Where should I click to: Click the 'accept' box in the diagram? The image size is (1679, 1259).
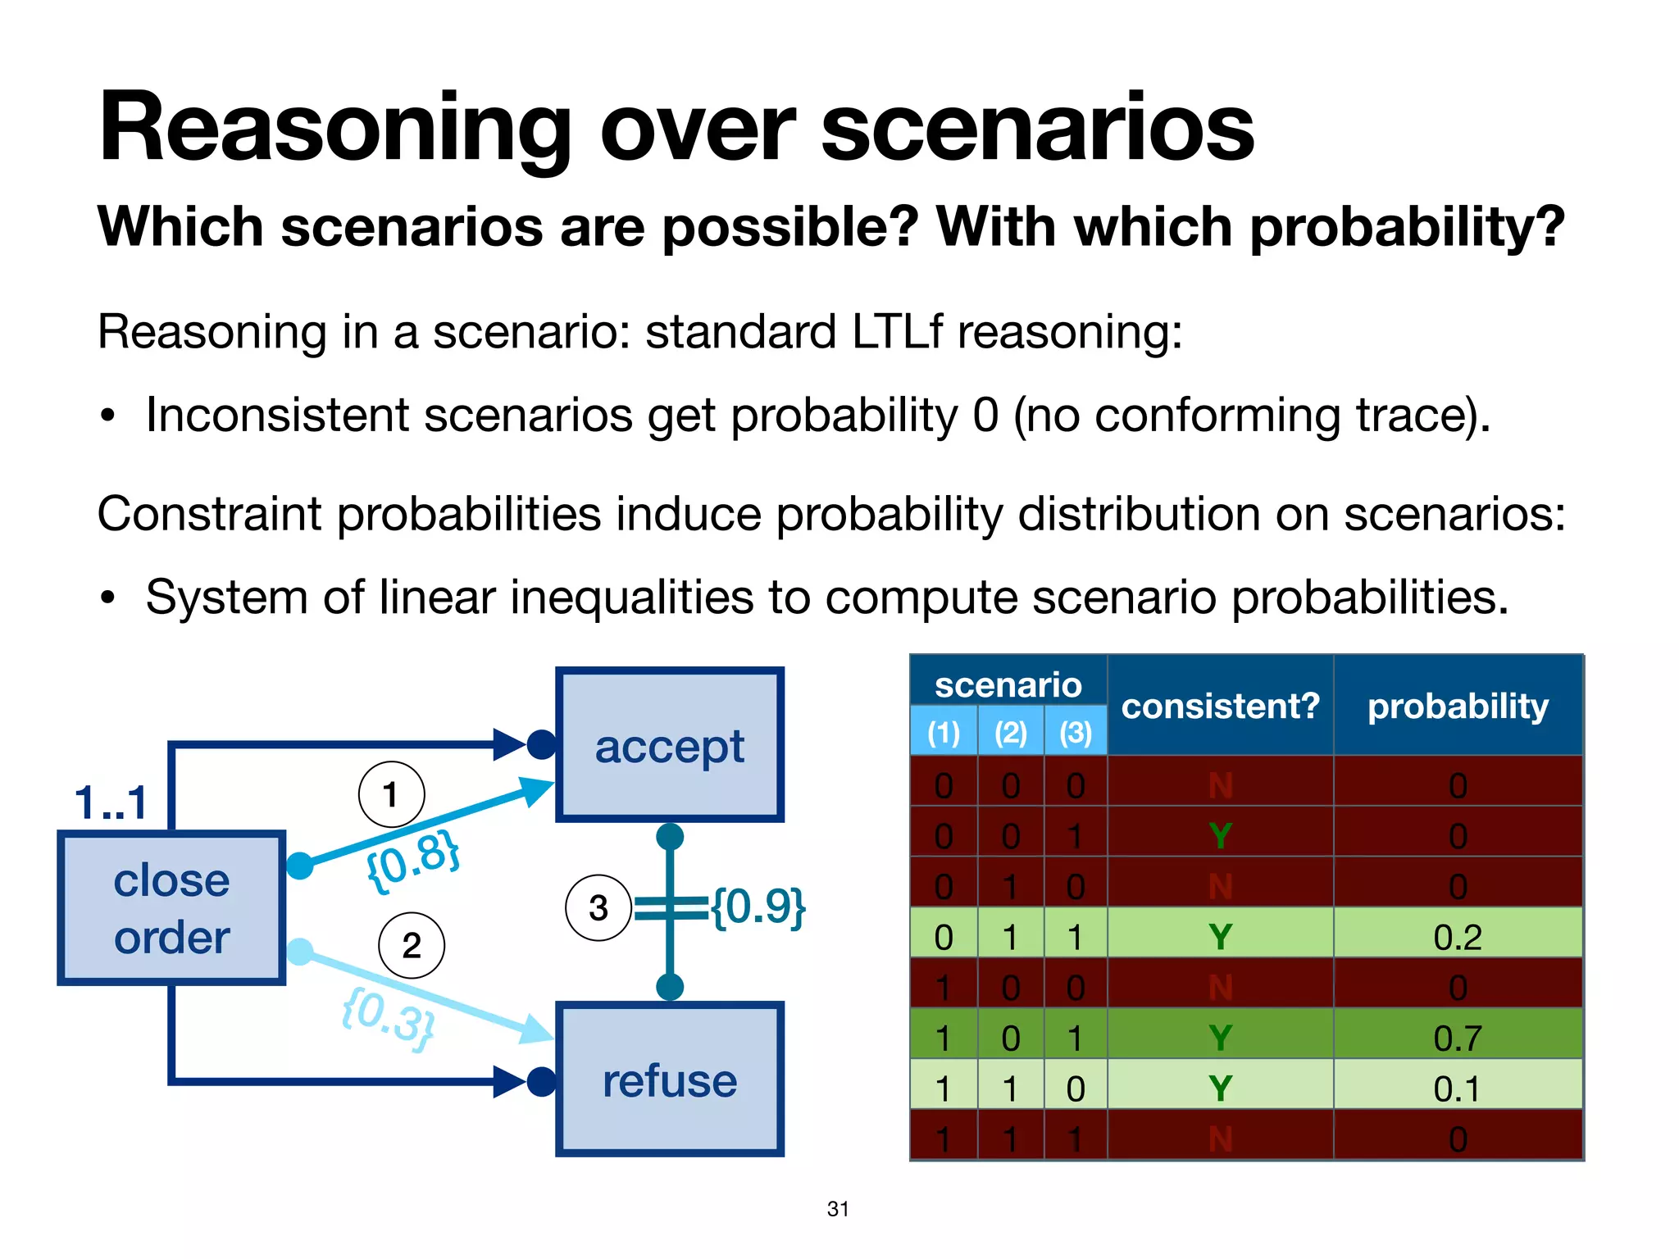tap(669, 745)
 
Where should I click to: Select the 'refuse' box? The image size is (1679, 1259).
tap(669, 1079)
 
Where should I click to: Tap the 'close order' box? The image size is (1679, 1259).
tap(171, 908)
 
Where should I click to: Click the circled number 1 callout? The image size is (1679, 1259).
tap(391, 794)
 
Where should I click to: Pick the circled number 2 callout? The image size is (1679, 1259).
tap(412, 946)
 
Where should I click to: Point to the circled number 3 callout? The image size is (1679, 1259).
tap(598, 908)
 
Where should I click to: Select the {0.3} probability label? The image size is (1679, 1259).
tap(388, 1018)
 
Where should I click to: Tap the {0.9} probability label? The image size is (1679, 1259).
tap(758, 907)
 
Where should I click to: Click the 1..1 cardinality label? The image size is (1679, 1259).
tap(111, 802)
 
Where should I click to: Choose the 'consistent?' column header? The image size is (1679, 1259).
tap(1220, 706)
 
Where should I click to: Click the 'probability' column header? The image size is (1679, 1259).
tap(1458, 706)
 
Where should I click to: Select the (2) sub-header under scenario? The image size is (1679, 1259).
tap(1010, 732)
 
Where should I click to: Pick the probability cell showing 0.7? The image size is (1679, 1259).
tap(1458, 1039)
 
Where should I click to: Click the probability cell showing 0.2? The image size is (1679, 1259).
tap(1458, 937)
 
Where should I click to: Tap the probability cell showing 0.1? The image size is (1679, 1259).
tap(1458, 1089)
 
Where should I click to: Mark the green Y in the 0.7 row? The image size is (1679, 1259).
tap(1220, 1039)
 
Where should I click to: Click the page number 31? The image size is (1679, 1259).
tap(838, 1208)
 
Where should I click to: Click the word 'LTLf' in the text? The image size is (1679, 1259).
tap(897, 332)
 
